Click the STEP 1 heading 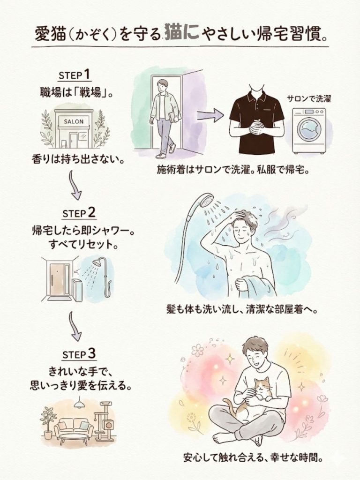(75, 75)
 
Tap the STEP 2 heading (79, 213)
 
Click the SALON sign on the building (74, 121)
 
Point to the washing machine (308, 131)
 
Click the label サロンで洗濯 (308, 98)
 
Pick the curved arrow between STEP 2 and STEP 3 (75, 326)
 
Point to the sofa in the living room (74, 427)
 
